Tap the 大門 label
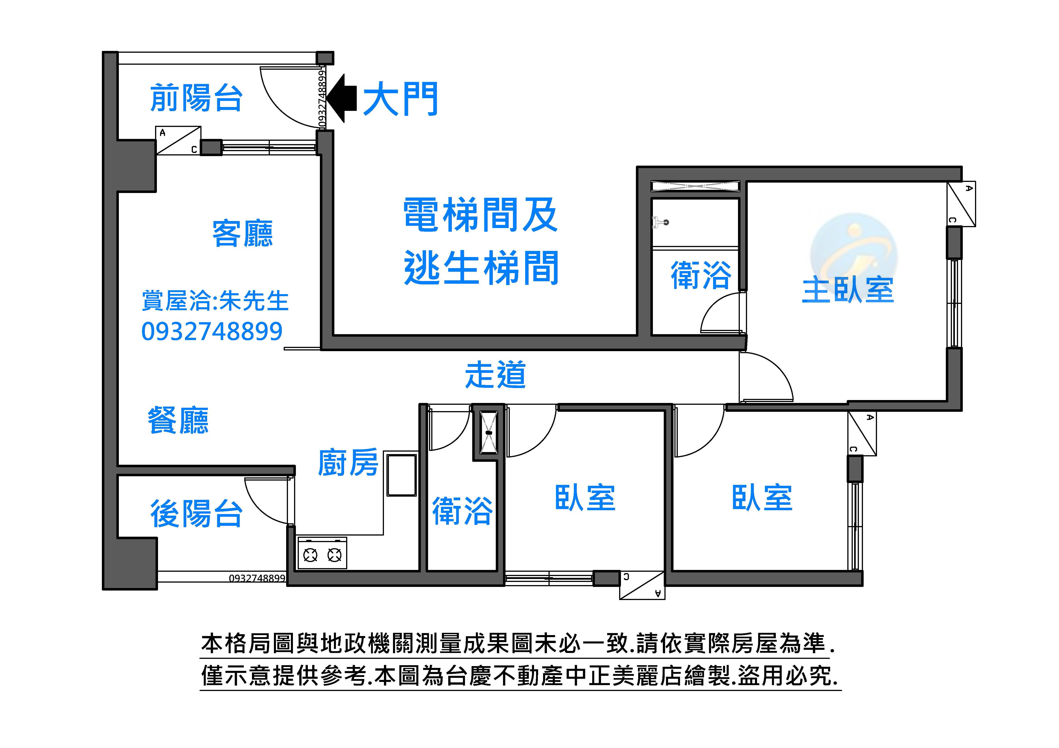pyautogui.click(x=400, y=99)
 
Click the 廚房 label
pyautogui.click(x=348, y=462)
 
